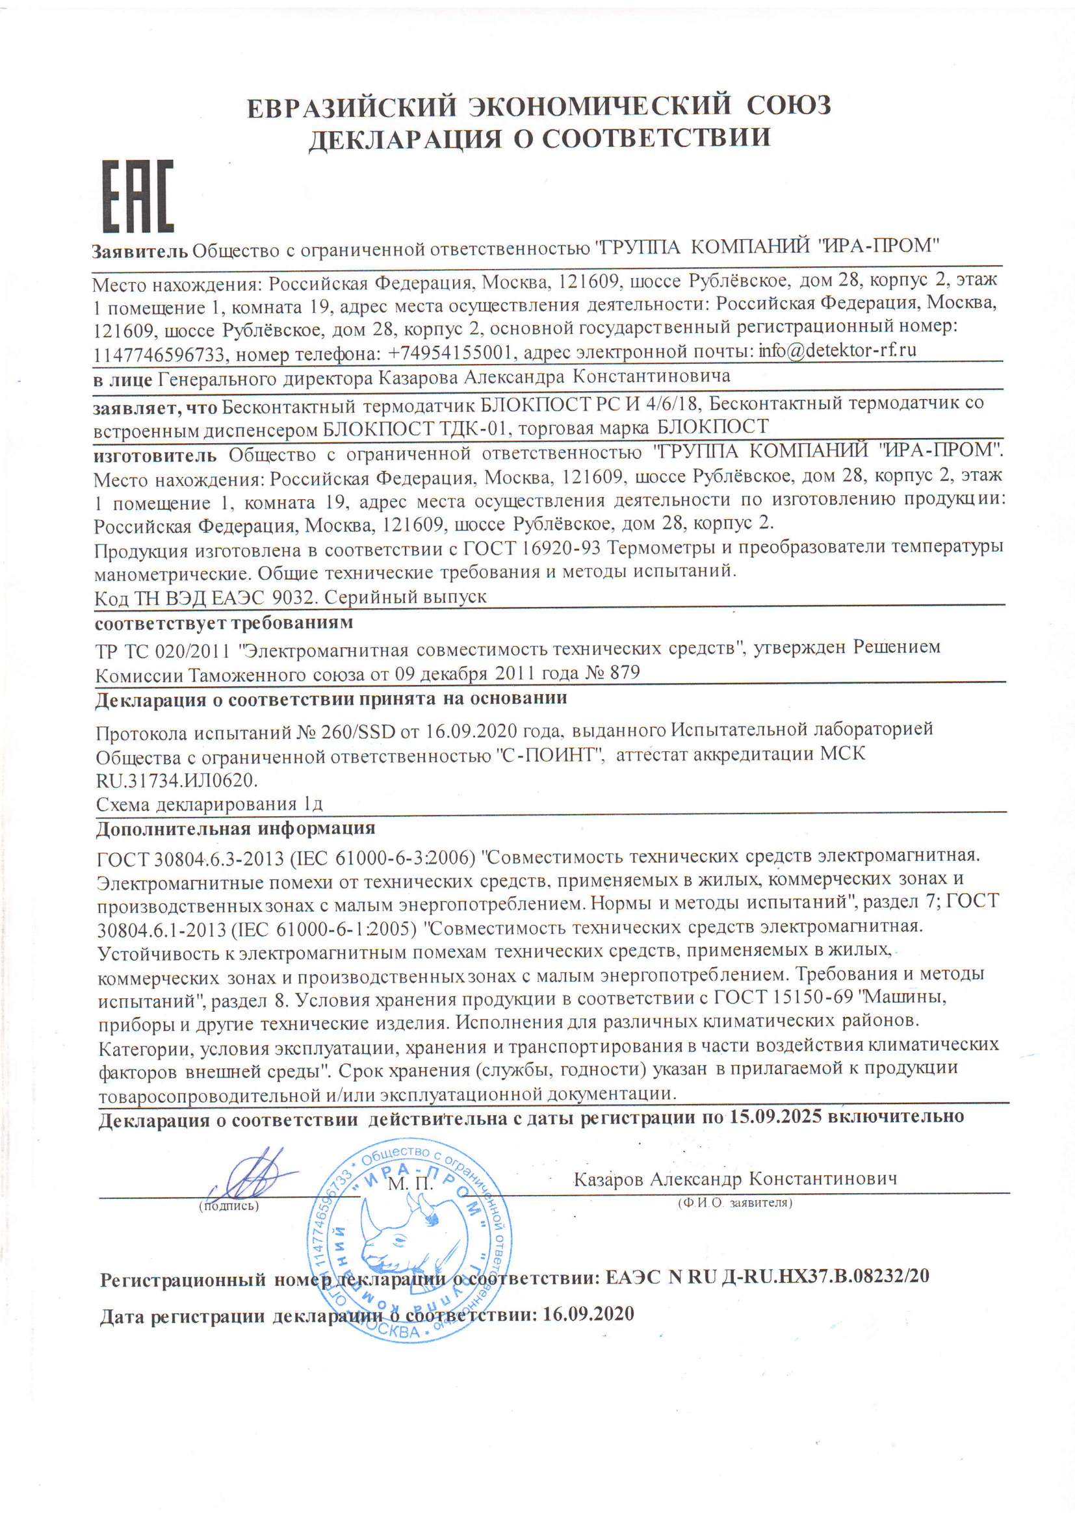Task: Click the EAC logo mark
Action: click(138, 196)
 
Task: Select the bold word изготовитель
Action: click(155, 456)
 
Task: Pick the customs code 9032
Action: click(296, 597)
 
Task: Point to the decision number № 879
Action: click(613, 673)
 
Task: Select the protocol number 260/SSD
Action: click(358, 732)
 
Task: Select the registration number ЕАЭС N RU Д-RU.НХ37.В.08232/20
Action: click(767, 1276)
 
